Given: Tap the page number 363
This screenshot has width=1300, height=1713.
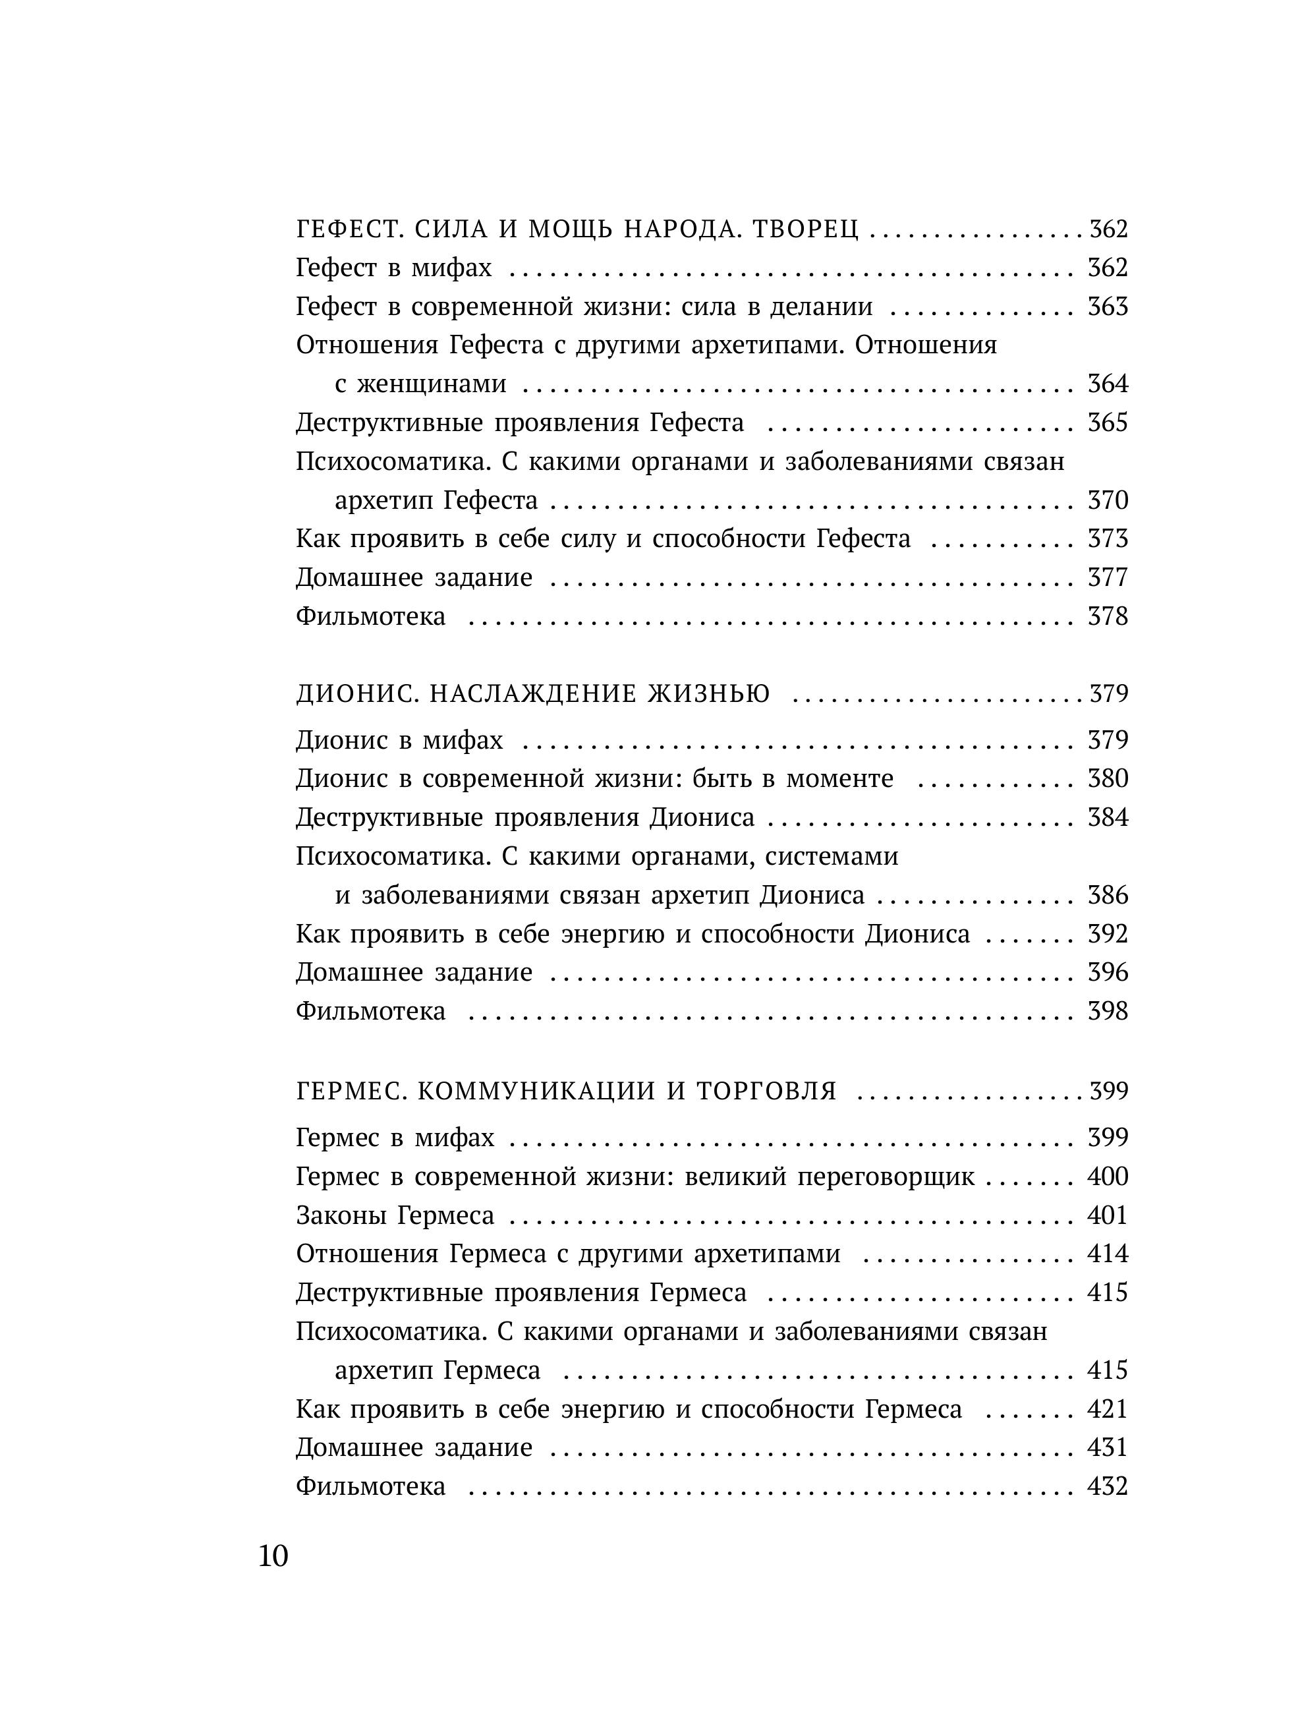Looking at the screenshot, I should click(x=1108, y=306).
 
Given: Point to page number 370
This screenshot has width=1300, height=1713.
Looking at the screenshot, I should click(x=1108, y=500).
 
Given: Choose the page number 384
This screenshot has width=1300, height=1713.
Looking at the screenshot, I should click(x=1108, y=818).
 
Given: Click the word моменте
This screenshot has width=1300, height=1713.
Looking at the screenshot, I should click(x=839, y=779).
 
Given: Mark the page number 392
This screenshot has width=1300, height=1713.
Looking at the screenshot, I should click(x=1108, y=934).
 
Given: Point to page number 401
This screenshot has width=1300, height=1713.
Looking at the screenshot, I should click(x=1108, y=1216).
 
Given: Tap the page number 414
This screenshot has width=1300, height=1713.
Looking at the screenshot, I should click(x=1108, y=1254).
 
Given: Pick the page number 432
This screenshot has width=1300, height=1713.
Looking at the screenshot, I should click(x=1108, y=1487).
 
